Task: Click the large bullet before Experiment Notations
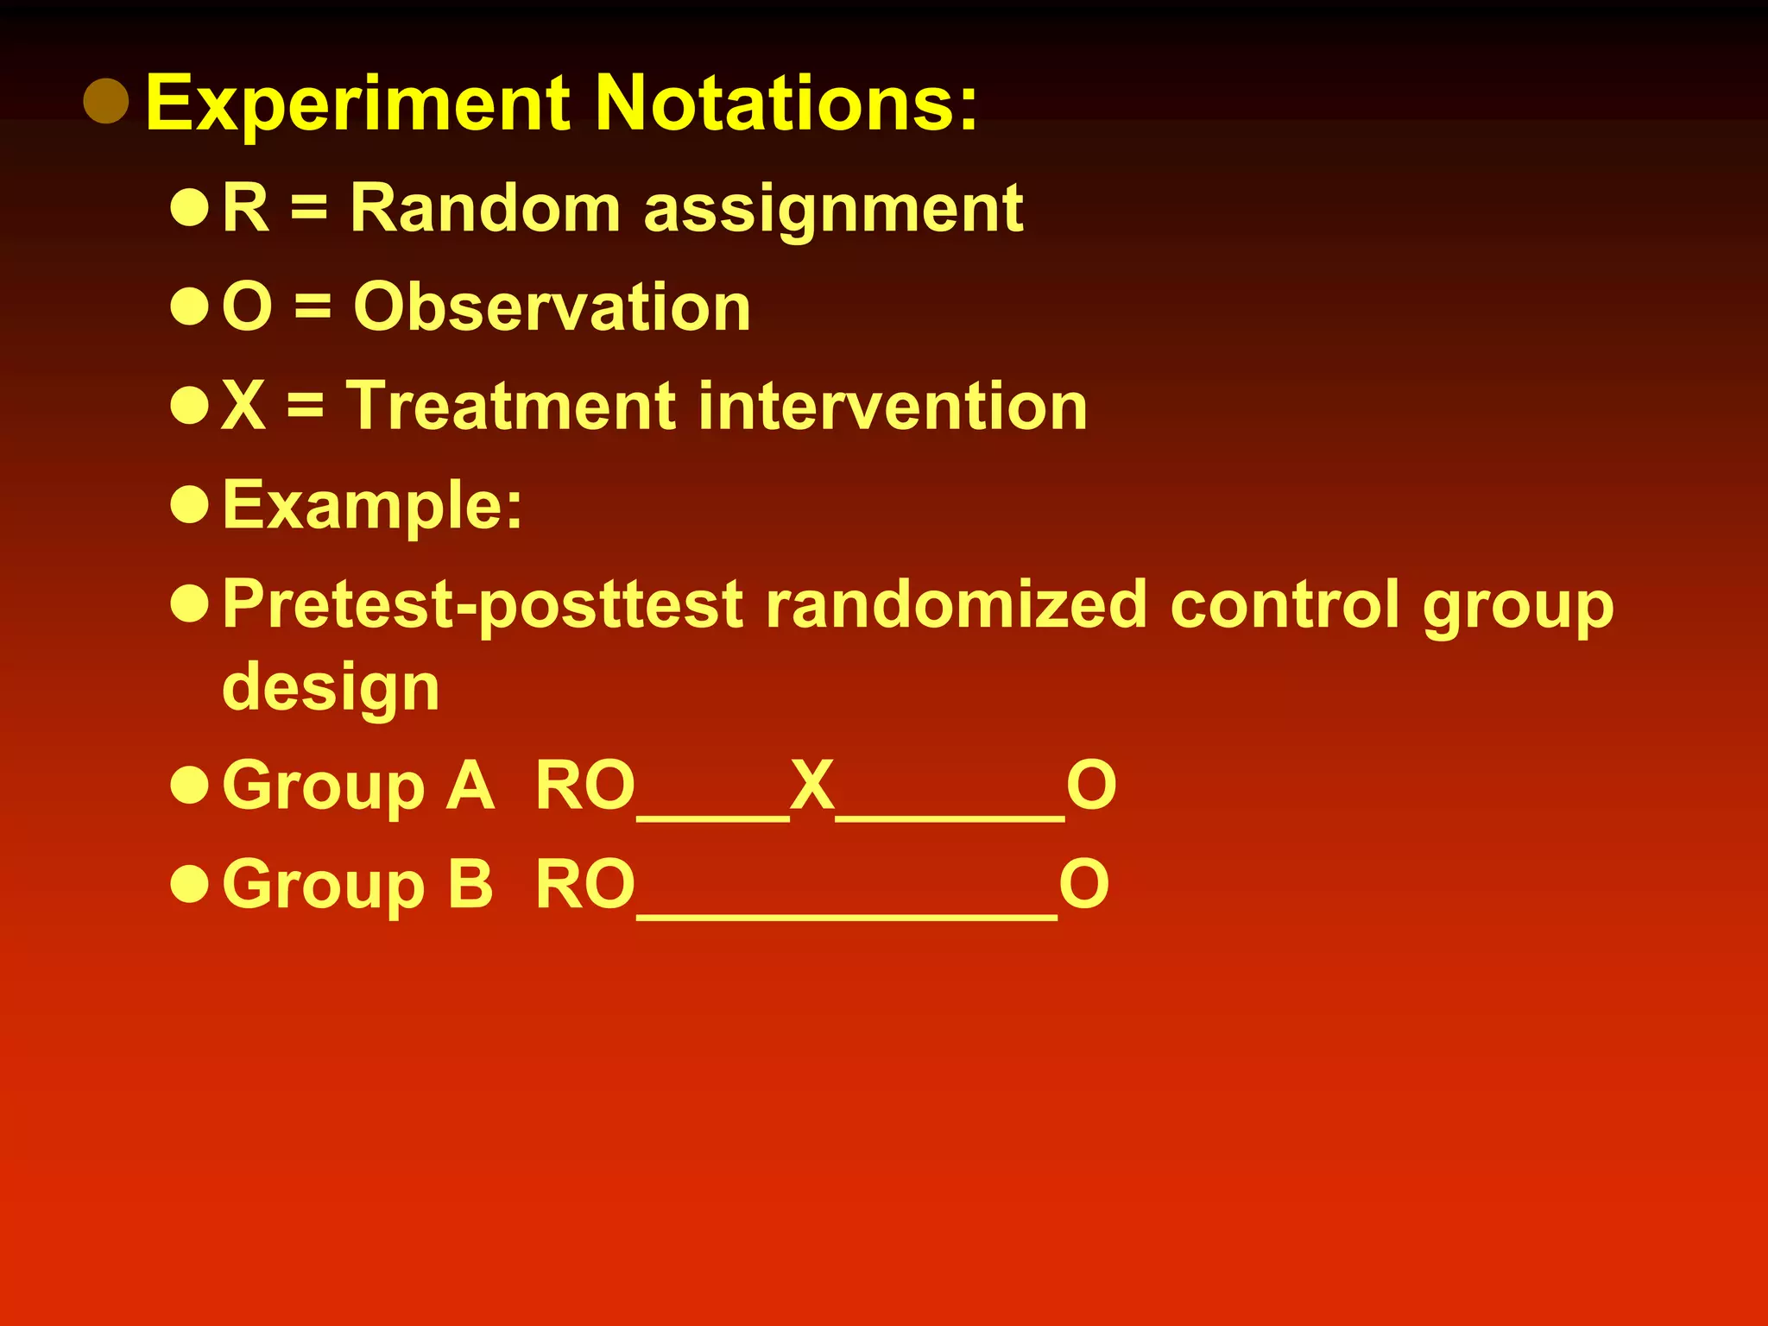click(106, 101)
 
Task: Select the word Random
click(485, 209)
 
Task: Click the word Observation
click(552, 307)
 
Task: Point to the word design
click(331, 688)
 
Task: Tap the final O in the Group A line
click(1091, 786)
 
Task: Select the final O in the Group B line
click(1084, 885)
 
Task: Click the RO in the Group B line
click(585, 885)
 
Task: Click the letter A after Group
click(470, 786)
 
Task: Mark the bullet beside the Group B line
click(190, 885)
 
